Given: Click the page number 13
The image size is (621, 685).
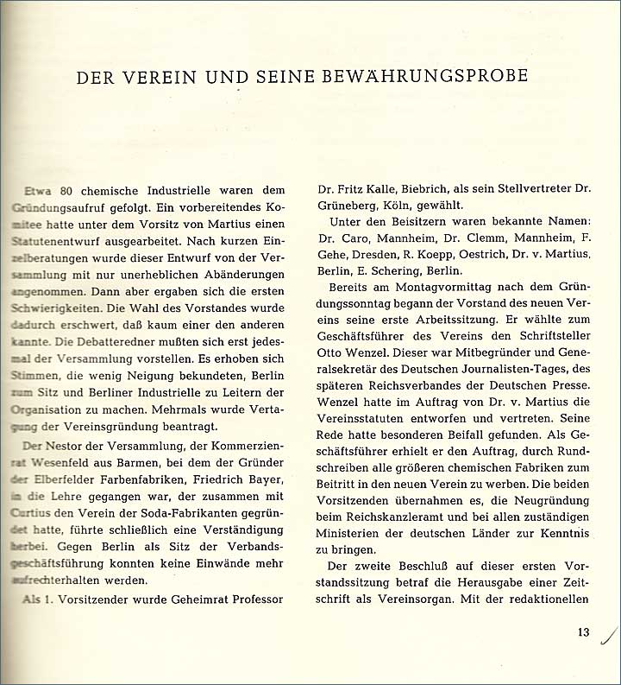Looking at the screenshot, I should click(584, 632).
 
